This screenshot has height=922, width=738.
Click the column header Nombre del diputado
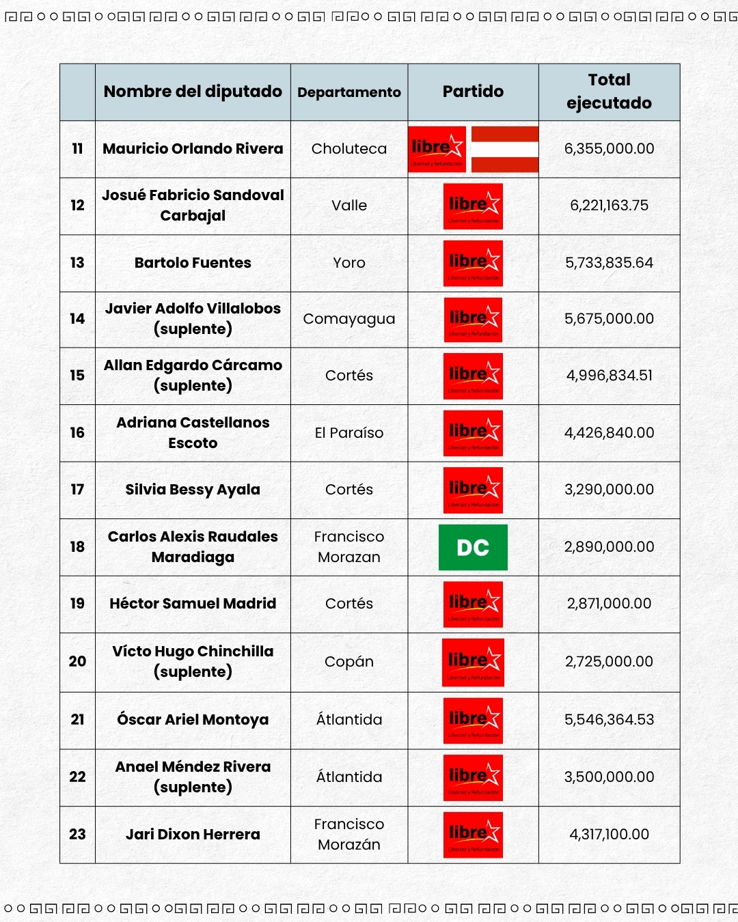193,92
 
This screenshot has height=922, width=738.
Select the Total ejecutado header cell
609,92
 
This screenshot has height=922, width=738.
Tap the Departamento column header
349,92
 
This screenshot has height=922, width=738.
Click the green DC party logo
473,547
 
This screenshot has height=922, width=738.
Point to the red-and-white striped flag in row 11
505,149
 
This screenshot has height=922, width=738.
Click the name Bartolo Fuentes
193,263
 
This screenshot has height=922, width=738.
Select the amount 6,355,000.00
609,149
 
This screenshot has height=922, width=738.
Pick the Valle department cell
349,206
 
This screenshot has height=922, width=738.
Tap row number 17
77,490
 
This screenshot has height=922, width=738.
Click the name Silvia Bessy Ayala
193,490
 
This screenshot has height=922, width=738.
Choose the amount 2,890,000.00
609,547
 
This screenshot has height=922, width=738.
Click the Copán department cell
349,662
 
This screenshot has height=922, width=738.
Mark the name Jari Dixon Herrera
193,835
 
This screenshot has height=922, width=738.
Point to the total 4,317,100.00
609,835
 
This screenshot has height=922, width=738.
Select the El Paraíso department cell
349,433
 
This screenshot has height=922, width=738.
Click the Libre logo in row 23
473,835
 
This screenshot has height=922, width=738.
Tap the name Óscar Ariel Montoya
193,720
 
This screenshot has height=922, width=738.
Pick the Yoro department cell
349,263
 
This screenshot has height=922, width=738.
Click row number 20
77,662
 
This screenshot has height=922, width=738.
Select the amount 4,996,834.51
609,376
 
